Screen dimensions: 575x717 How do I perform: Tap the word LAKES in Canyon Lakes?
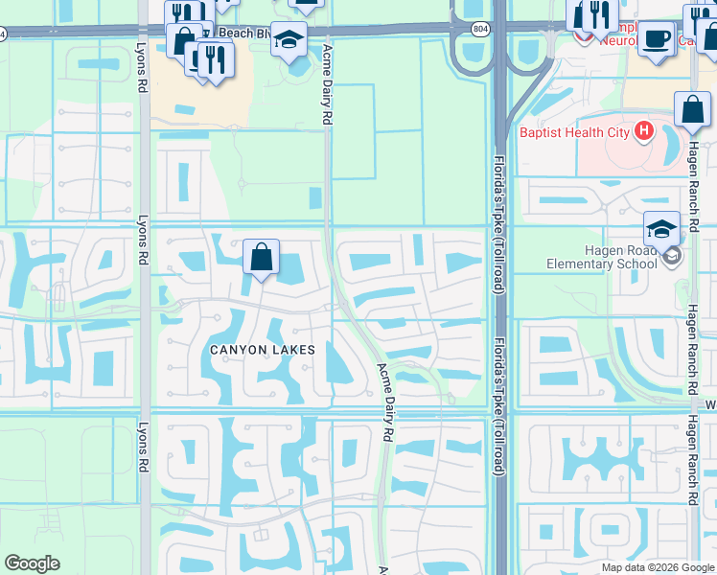[295, 351]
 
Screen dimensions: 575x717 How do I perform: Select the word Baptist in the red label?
[541, 132]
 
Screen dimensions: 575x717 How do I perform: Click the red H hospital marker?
[643, 130]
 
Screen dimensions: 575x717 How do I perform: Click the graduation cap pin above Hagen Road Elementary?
[661, 229]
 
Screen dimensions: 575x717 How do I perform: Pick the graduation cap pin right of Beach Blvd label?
[289, 39]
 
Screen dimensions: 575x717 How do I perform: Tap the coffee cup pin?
[657, 38]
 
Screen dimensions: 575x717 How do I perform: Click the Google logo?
[32, 563]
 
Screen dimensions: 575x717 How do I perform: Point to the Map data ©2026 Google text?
[658, 567]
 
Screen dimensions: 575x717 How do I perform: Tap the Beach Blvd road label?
[243, 33]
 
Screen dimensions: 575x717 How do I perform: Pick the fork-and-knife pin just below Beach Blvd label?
[215, 59]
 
